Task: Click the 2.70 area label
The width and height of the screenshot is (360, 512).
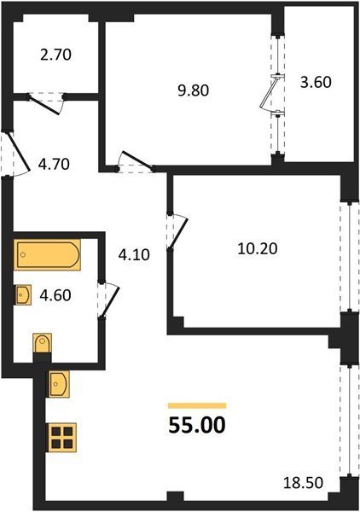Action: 55,55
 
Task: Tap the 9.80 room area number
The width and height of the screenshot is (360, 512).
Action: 193,90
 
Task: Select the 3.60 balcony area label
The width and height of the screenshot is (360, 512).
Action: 316,82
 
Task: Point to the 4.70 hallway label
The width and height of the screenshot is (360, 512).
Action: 54,164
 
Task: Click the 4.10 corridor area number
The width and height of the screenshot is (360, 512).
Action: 134,254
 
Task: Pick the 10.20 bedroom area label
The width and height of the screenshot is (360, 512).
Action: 258,249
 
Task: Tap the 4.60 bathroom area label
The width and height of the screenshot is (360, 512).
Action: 55,295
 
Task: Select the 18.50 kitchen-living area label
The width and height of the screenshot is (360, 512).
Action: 303,483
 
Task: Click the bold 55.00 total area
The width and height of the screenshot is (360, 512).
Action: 197,425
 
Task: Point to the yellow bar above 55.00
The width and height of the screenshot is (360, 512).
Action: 197,405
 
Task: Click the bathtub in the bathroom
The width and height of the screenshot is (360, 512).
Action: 47,254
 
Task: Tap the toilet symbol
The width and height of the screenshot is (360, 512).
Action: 43,343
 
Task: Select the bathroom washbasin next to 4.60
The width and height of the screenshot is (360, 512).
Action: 23,294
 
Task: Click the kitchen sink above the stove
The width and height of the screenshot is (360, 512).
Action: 59,384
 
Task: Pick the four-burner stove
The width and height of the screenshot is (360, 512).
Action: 62,438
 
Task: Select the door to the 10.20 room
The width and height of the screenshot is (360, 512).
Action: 177,231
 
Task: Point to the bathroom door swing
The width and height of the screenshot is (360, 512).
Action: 109,300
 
